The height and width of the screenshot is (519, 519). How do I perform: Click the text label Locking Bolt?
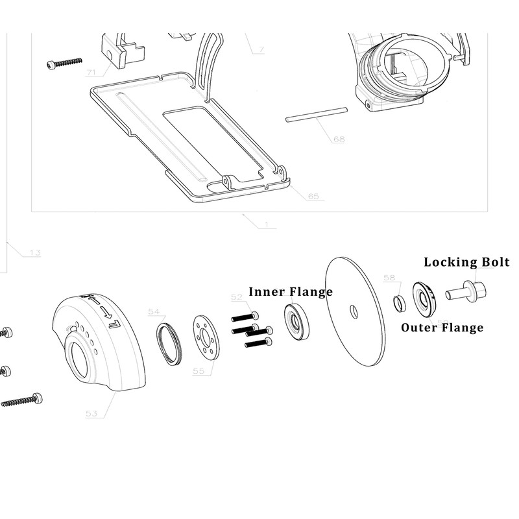466,262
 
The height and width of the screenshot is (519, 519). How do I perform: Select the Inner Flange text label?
290,291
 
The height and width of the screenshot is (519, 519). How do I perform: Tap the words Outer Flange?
442,327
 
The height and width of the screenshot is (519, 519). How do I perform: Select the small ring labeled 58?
400,302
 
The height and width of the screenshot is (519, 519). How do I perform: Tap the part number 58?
389,278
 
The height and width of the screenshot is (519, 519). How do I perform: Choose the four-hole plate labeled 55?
206,335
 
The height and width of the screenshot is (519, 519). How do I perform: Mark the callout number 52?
237,296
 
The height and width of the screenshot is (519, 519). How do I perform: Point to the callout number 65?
313,196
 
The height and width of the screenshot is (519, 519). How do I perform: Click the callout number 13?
34,252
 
